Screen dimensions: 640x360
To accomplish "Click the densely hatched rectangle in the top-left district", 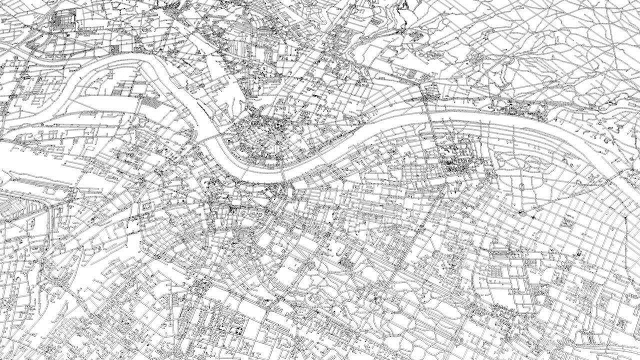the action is point(62,20).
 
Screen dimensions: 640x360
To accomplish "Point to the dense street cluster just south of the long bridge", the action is point(457,160).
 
